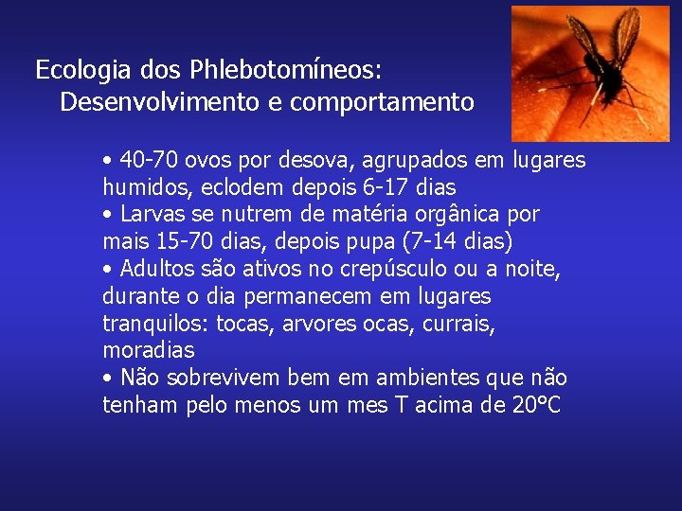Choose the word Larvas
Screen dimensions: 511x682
point(149,214)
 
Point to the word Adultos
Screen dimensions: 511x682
point(154,269)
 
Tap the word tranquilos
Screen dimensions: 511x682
point(154,324)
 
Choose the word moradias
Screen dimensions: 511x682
point(148,350)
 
